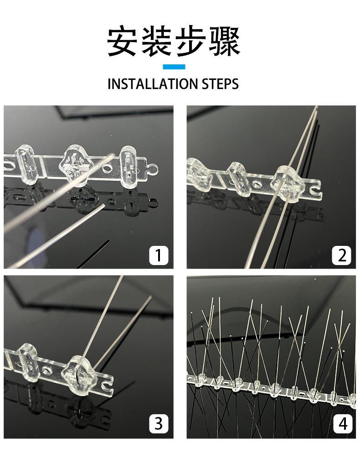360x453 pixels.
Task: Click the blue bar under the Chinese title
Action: (174, 67)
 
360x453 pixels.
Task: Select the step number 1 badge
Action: (159, 255)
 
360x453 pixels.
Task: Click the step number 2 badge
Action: (342, 255)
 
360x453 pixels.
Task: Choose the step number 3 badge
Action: (159, 424)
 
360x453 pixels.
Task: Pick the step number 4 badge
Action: (343, 424)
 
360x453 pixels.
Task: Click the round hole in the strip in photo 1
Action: (107, 168)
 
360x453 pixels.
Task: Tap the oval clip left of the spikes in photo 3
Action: (27, 363)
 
